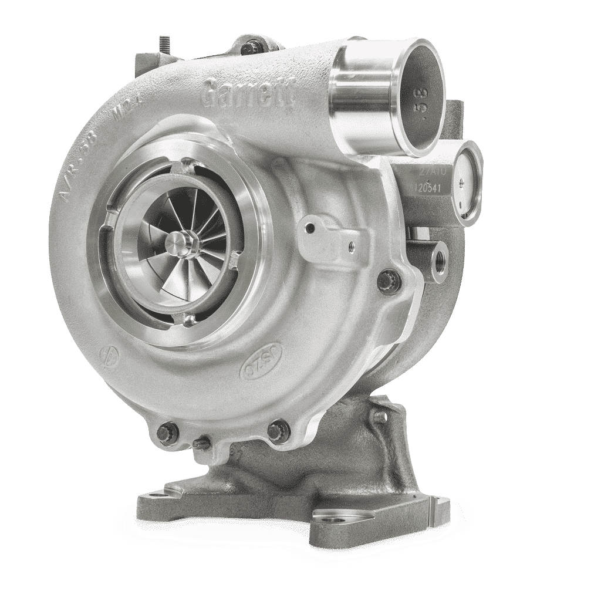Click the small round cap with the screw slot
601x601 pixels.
tap(469, 182)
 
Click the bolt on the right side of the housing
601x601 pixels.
tap(389, 281)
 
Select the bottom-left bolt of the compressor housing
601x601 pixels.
tap(166, 432)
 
